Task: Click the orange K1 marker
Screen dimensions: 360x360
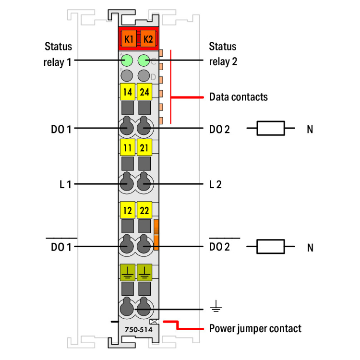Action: click(128, 39)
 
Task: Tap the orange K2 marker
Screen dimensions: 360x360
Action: click(147, 39)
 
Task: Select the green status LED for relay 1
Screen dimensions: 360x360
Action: click(127, 60)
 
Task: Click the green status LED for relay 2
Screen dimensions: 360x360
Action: click(144, 60)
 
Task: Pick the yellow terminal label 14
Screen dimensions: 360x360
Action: click(127, 91)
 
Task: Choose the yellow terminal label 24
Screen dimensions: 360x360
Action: click(144, 91)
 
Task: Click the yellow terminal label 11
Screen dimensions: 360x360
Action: click(127, 147)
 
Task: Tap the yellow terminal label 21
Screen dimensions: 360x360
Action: click(144, 147)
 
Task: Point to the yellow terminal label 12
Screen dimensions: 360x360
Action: click(127, 210)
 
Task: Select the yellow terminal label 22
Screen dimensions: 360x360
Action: click(144, 210)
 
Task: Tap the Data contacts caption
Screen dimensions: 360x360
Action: click(238, 97)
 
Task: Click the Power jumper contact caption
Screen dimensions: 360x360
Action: click(255, 329)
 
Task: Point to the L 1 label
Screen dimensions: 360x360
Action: click(65, 184)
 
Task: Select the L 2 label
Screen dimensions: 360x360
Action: click(215, 184)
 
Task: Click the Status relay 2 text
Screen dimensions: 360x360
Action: click(223, 54)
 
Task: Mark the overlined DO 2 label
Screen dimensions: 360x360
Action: click(220, 247)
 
